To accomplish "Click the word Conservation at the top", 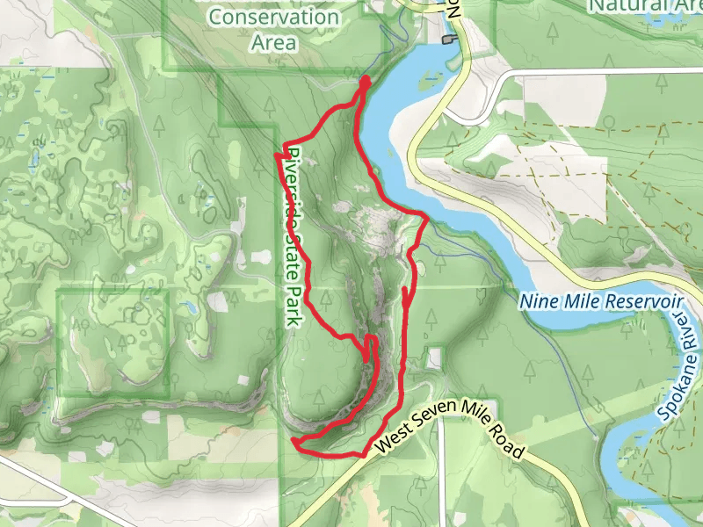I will coord(263,17).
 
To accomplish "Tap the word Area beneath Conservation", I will coord(273,41).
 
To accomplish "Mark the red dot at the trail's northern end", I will coord(364,81).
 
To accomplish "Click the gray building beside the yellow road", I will coord(450,39).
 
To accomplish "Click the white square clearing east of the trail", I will coord(432,357).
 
